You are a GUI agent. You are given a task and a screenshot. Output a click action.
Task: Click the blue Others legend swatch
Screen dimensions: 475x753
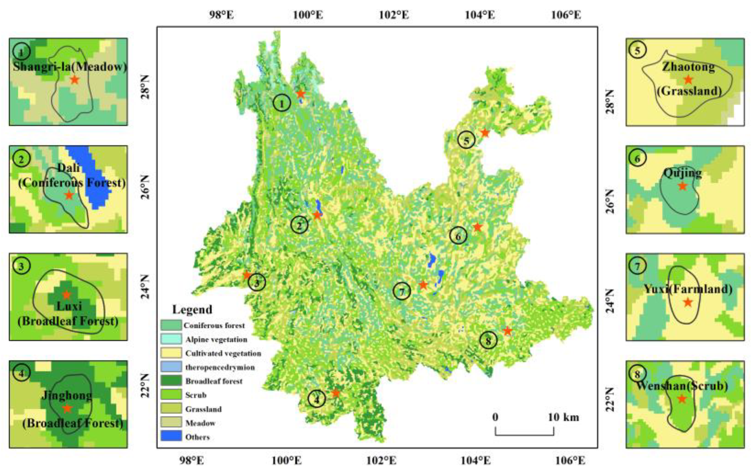pyautogui.click(x=171, y=436)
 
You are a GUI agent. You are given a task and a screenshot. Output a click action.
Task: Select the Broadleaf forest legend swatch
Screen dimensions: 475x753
pyautogui.click(x=171, y=380)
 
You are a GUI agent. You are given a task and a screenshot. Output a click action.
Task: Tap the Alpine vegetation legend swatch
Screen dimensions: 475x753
pyautogui.click(x=171, y=339)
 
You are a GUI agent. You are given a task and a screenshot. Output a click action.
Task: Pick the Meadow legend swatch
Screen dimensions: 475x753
pyautogui.click(x=171, y=422)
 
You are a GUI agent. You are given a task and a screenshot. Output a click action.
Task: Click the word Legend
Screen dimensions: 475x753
pyautogui.click(x=192, y=310)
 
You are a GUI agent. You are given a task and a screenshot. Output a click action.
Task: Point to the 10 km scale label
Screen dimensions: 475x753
pyautogui.click(x=563, y=417)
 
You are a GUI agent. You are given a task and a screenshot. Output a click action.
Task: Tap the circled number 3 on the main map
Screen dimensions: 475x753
pyautogui.click(x=257, y=282)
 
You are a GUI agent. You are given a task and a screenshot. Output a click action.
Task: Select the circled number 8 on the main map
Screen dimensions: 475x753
pyautogui.click(x=488, y=340)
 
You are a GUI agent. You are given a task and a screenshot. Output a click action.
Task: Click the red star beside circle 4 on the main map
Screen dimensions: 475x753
pyautogui.click(x=336, y=393)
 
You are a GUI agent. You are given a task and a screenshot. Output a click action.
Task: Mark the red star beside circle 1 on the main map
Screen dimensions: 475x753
pyautogui.click(x=301, y=94)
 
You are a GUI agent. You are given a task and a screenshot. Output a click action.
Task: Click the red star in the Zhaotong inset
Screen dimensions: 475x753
pyautogui.click(x=688, y=80)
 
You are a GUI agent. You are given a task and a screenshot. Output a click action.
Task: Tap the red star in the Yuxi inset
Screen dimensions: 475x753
pyautogui.click(x=688, y=302)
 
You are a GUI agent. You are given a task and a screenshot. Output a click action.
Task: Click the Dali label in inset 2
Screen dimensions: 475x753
pyautogui.click(x=69, y=168)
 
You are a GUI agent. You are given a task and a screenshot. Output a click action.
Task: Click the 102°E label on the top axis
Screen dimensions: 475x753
pyautogui.click(x=394, y=15)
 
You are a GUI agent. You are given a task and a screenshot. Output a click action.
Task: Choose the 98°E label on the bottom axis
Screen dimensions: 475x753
pyautogui.click(x=191, y=460)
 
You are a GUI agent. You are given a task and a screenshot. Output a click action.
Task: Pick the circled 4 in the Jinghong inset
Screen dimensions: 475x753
pyautogui.click(x=21, y=374)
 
